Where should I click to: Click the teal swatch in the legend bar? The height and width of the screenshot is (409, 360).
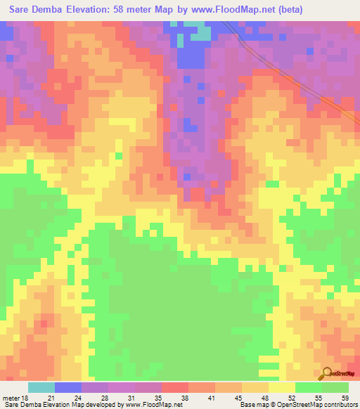(41, 387)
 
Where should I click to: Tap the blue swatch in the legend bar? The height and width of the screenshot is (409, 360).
(68, 387)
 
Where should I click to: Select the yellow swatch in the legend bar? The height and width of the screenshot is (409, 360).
(282, 387)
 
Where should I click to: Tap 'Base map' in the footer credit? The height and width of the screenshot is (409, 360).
(254, 405)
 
